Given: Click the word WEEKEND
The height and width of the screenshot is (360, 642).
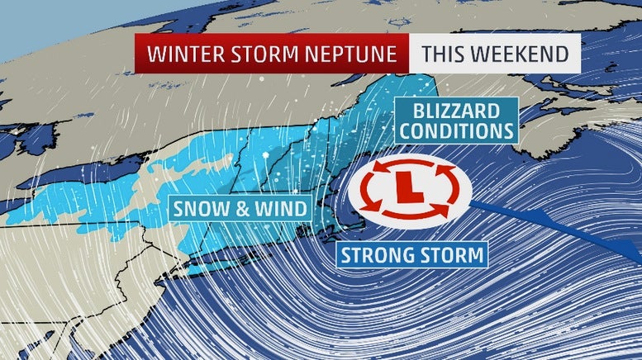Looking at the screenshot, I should coord(521,54).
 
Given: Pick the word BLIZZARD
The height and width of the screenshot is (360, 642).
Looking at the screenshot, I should coord(457,111).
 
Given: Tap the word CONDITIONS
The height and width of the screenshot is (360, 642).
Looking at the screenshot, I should coord(457,130).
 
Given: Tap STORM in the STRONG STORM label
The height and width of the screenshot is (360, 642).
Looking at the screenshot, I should coord(452,254).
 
